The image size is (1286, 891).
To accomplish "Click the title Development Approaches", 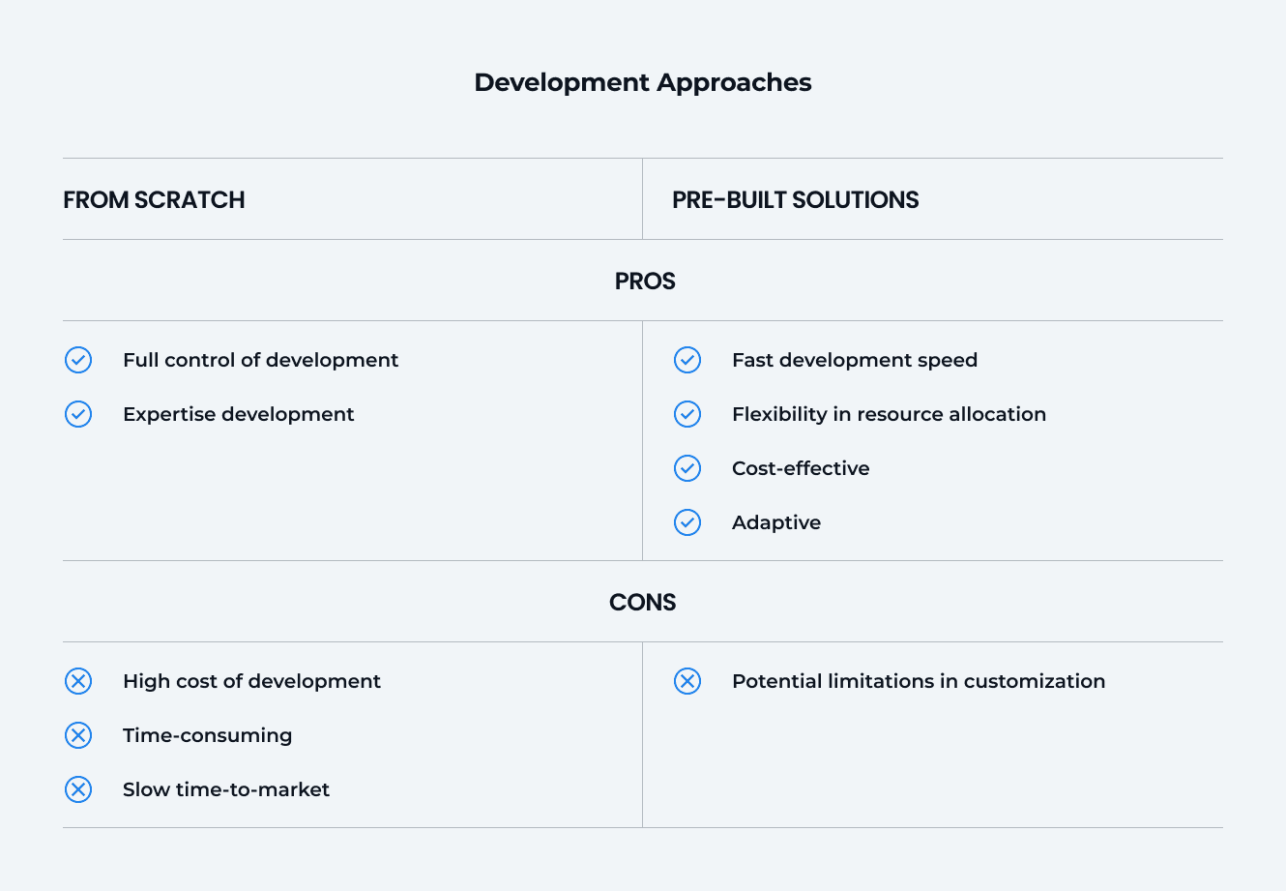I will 642,82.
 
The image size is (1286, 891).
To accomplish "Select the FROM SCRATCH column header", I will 154,200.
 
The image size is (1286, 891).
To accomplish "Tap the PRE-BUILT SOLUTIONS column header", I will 795,200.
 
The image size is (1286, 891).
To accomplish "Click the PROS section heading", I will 645,282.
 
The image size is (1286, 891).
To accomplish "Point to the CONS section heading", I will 642,603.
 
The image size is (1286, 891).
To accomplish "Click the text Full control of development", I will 260,360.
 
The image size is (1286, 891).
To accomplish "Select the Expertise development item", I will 238,414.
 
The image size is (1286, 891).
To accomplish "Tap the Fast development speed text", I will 854,360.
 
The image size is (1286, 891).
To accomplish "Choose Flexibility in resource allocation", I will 889,414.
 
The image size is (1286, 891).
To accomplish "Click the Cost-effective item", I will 801,468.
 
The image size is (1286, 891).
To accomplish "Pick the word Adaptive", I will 775,522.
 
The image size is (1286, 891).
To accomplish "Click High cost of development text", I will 251,681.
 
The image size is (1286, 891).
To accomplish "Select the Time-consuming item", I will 207,735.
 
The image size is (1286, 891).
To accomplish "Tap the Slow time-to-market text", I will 225,789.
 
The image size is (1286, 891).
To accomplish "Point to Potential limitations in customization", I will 918,681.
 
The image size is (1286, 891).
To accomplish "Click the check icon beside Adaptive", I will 687,522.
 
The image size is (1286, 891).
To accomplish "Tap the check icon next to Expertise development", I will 78,414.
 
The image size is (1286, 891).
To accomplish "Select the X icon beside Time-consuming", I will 78,735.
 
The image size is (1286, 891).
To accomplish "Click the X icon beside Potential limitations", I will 687,681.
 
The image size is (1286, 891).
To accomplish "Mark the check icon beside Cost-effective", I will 687,468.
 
